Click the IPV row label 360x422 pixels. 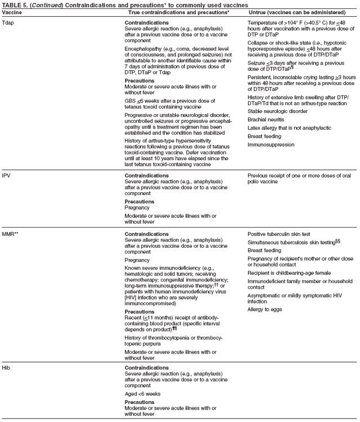[x=7, y=175]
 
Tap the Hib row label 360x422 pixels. [x=7, y=367]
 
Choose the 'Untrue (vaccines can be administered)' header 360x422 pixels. [x=296, y=12]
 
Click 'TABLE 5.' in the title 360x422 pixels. [x=15, y=4]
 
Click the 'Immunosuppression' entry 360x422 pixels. [x=271, y=144]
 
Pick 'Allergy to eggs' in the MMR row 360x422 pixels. [x=265, y=310]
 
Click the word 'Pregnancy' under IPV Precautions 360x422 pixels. [x=138, y=207]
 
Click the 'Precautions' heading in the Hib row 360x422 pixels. [x=140, y=402]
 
